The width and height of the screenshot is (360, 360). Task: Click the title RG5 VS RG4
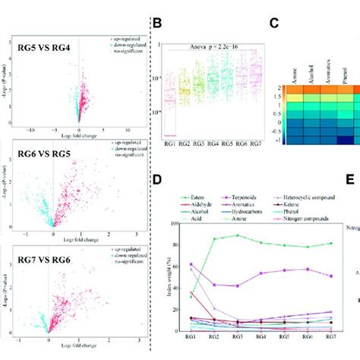(x=46, y=47)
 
